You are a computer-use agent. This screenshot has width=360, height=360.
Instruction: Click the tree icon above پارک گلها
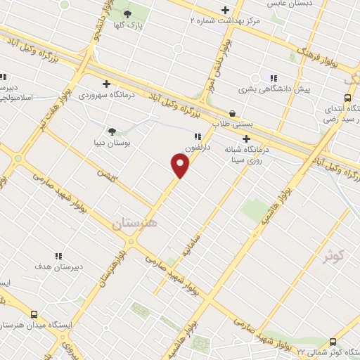(128, 14)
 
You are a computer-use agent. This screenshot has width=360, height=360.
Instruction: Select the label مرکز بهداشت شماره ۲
(225, 21)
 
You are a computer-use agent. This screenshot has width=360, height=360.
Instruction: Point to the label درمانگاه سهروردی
(106, 94)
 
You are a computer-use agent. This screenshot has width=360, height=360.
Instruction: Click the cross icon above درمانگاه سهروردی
(106, 83)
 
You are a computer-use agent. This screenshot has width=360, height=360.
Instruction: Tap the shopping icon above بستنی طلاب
(233, 112)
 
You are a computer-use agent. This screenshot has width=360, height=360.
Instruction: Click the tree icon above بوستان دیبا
(112, 130)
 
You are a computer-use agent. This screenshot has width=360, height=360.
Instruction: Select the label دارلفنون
(198, 148)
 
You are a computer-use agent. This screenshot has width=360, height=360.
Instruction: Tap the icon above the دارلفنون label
(198, 136)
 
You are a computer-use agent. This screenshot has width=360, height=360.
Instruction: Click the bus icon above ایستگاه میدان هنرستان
(34, 315)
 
